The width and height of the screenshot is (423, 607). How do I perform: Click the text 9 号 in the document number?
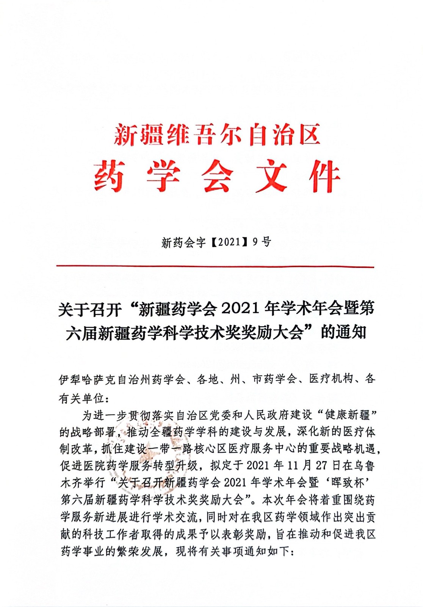coord(262,242)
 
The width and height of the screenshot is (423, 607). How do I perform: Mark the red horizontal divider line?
coord(215,267)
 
